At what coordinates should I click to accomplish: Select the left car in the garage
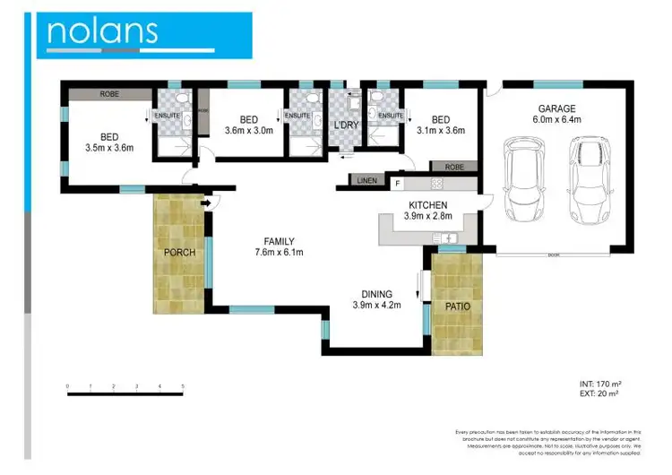522,179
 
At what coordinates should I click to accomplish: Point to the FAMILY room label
279,241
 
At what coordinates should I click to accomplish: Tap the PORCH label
180,252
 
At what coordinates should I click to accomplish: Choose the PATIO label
458,306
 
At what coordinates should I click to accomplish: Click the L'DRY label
346,125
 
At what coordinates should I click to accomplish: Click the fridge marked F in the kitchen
398,183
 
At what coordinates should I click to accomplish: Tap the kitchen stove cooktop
437,183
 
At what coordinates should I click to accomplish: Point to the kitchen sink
445,237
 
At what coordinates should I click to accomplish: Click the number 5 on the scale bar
183,386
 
